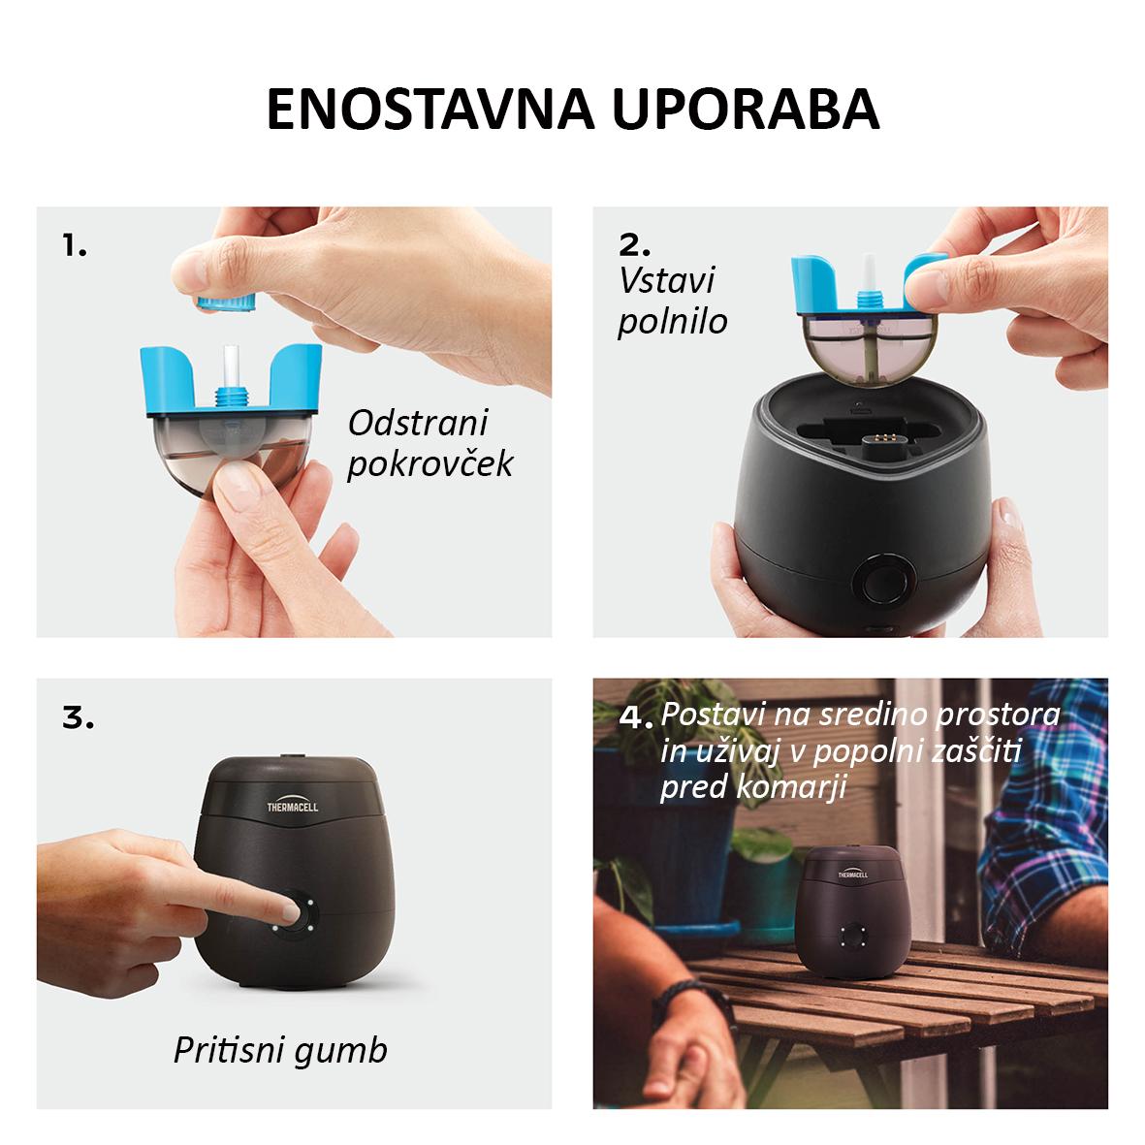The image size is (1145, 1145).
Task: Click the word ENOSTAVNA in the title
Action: (x=431, y=110)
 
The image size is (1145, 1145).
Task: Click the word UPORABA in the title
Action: (x=746, y=110)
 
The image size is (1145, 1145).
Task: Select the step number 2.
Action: (x=634, y=245)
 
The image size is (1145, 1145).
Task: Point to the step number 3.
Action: (x=79, y=717)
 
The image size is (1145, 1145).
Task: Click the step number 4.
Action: (x=635, y=716)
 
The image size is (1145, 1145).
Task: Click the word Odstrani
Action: (x=418, y=423)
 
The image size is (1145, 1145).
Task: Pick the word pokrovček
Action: (x=430, y=464)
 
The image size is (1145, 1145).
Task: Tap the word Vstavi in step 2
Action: (x=667, y=280)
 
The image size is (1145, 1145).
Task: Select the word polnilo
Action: (x=673, y=322)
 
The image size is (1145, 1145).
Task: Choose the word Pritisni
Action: (x=229, y=1050)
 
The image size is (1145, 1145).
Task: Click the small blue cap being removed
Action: (x=226, y=302)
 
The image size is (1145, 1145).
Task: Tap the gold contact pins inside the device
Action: (x=880, y=439)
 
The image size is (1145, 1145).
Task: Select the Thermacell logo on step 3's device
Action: (x=292, y=804)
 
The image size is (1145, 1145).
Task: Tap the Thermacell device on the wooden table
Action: (x=852, y=912)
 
